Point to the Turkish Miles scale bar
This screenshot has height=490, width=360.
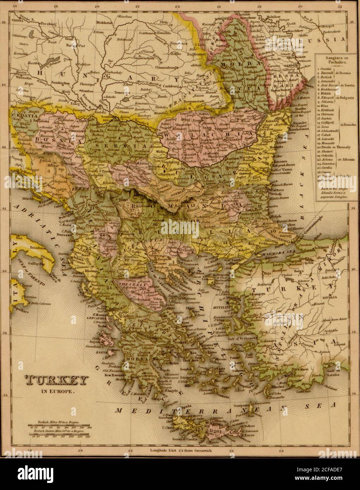click(59, 427)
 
